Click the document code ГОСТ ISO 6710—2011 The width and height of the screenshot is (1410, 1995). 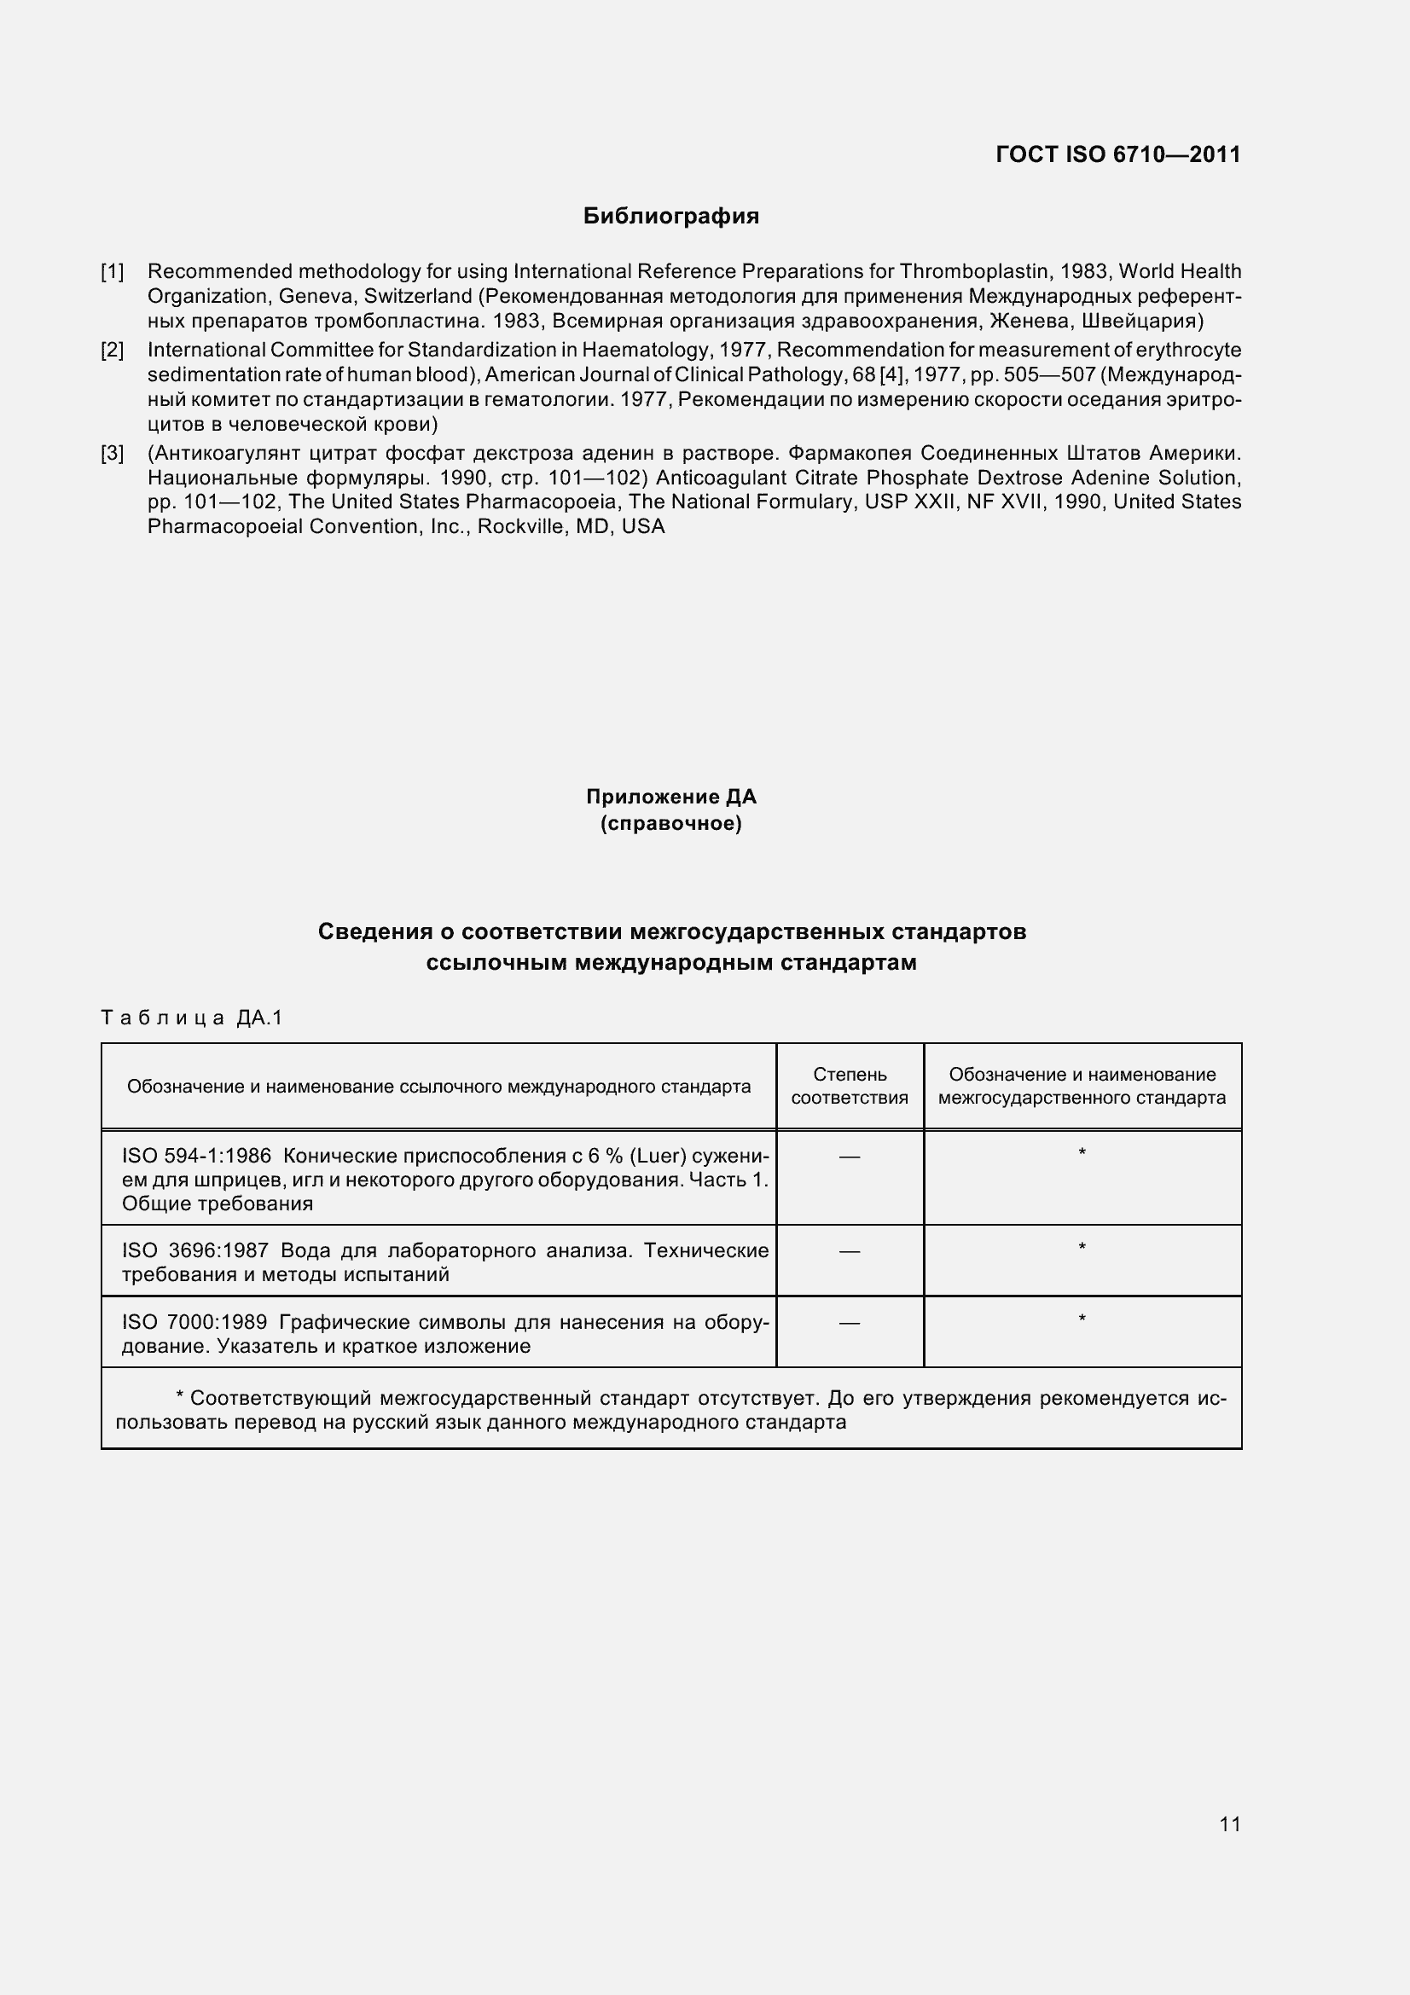[1117, 154]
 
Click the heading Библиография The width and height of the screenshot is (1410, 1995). [670, 217]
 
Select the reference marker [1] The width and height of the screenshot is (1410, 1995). [112, 272]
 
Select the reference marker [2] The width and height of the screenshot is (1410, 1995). [112, 351]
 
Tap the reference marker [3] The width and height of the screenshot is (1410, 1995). [112, 453]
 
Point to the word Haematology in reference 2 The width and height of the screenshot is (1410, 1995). [642, 351]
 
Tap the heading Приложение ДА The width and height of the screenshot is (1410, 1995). [670, 797]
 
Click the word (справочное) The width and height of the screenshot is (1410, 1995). [670, 823]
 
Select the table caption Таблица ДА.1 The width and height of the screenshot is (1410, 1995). [192, 1018]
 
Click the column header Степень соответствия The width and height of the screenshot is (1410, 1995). [849, 1086]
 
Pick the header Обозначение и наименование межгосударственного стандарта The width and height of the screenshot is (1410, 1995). [1082, 1086]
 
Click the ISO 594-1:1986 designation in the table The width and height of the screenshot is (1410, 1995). [196, 1156]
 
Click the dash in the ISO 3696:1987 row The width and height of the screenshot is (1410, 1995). [849, 1251]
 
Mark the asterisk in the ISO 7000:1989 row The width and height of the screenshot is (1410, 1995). [1082, 1319]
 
